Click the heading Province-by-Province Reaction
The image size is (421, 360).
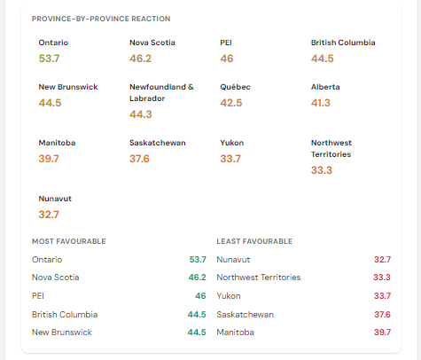[x=101, y=19]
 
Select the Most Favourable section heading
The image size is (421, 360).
[x=69, y=241]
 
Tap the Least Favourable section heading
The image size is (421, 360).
[x=254, y=241]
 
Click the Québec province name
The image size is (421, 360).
[x=235, y=87]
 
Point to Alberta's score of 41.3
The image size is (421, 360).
[x=321, y=103]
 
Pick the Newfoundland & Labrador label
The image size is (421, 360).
[x=161, y=92]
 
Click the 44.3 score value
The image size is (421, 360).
[x=141, y=114]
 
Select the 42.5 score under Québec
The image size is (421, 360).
[x=231, y=103]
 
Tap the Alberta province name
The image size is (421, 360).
[x=325, y=87]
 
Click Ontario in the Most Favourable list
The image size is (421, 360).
[x=47, y=260]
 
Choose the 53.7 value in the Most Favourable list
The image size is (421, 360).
[x=198, y=260]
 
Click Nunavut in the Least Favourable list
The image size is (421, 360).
[x=233, y=260]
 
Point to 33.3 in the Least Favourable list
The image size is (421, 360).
[x=382, y=278]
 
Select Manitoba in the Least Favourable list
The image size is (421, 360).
[x=235, y=333]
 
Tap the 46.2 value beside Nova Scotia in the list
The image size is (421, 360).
[x=198, y=278]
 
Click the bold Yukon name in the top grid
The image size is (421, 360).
[x=232, y=143]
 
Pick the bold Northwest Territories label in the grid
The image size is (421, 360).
[x=331, y=148]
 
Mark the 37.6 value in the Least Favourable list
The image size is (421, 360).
[x=382, y=315]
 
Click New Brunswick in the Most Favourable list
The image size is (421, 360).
[x=62, y=333]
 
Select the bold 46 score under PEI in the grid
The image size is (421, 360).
[x=227, y=59]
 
